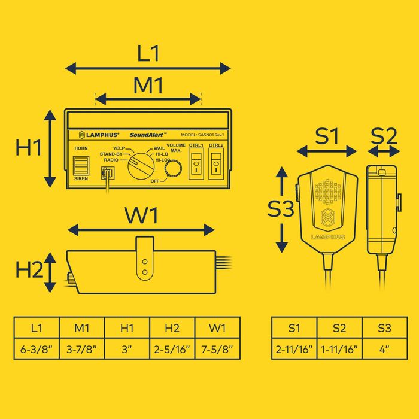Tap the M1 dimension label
(x=148, y=86)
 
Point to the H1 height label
(x=28, y=147)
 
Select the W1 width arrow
(x=141, y=229)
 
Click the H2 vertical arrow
(x=52, y=271)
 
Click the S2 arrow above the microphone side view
(x=384, y=154)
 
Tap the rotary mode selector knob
(x=140, y=163)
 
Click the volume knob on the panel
(x=173, y=170)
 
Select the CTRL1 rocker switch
(x=196, y=163)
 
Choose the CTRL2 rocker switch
(x=216, y=163)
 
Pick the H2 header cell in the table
(x=172, y=328)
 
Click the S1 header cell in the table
(x=294, y=328)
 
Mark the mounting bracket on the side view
(x=144, y=259)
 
